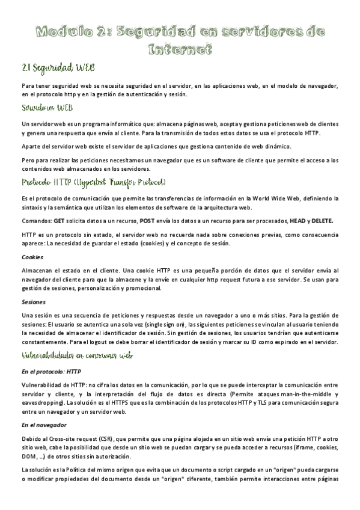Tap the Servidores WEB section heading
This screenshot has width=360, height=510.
pyautogui.click(x=47, y=108)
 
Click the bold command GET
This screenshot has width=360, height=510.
pyautogui.click(x=59, y=221)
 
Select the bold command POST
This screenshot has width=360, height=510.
pyautogui.click(x=147, y=221)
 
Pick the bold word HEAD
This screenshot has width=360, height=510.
pyautogui.click(x=299, y=221)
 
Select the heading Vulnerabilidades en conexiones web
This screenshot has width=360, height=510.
pyautogui.click(x=77, y=355)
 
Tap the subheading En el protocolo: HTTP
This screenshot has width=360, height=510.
pyautogui.click(x=50, y=371)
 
